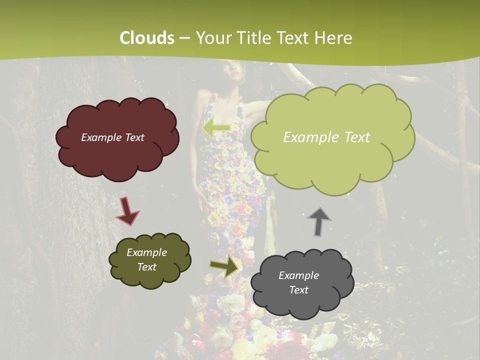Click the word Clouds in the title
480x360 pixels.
click(x=147, y=37)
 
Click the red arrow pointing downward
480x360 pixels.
click(x=127, y=210)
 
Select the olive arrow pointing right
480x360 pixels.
click(x=224, y=267)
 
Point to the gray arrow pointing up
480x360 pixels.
click(x=318, y=221)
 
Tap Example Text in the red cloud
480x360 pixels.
click(x=112, y=137)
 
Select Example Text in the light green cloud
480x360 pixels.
click(x=326, y=137)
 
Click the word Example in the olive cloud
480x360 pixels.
click(x=146, y=252)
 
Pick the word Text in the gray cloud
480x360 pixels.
click(x=298, y=290)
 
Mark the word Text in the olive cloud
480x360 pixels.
click(x=146, y=267)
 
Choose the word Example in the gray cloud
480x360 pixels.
click(x=298, y=275)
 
